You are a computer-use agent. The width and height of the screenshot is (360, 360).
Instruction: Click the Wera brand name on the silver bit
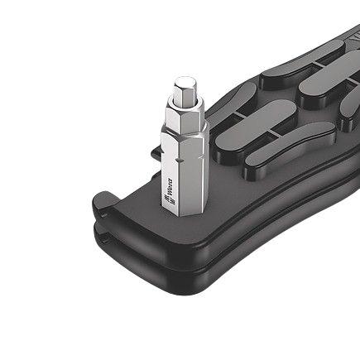(x=169, y=184)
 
